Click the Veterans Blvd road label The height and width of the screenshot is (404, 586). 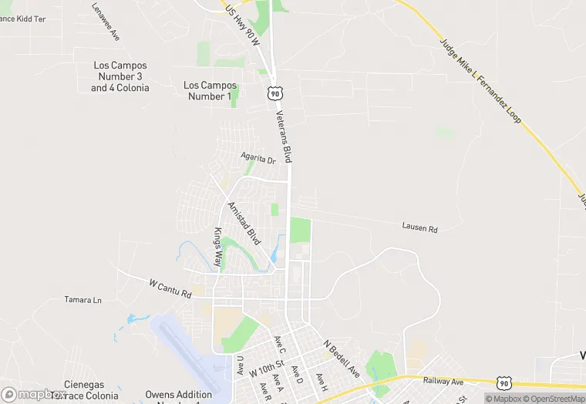pos(285,137)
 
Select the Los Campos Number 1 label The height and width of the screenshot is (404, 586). pos(210,90)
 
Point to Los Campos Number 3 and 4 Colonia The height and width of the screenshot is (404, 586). pos(120,76)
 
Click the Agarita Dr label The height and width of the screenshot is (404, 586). pos(258,158)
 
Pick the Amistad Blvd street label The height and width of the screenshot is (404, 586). pos(244,224)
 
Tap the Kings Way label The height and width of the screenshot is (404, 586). pos(218,247)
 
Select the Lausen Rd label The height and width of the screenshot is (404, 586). pos(419,228)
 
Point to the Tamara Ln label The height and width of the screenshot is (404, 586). pos(83,300)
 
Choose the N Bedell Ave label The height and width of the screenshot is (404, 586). pos(341,359)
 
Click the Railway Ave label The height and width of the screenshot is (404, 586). pos(443,381)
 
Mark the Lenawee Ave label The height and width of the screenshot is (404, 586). pos(106,22)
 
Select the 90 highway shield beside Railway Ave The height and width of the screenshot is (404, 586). pos(504,382)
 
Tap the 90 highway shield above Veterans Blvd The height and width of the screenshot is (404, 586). pos(274,93)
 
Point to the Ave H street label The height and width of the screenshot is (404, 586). pos(322,381)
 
